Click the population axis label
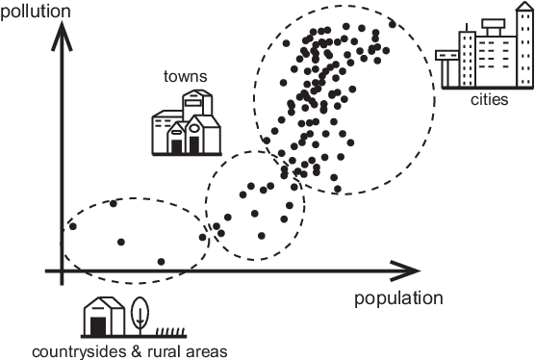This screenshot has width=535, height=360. coord(397,297)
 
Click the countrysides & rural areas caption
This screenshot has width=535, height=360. coord(129,349)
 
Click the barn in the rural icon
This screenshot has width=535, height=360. coord(103,316)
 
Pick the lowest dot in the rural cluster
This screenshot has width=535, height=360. coord(161,261)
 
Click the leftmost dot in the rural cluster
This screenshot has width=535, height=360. coord(72,226)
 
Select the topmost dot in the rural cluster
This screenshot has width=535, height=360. coord(114,203)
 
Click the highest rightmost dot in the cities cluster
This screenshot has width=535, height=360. coord(393,22)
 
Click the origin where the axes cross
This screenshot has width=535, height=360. coord(62,272)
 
